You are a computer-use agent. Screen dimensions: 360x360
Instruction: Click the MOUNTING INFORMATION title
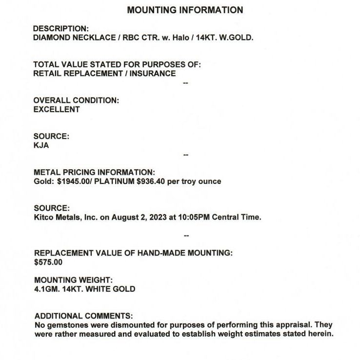click(185, 10)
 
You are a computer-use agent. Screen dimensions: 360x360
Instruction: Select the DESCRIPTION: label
click(61, 29)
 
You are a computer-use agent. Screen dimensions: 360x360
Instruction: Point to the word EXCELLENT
click(57, 109)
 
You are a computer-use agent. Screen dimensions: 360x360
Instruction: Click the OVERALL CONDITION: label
click(76, 100)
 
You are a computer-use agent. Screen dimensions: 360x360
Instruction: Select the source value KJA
click(41, 145)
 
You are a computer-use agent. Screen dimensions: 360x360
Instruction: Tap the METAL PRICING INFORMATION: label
click(94, 172)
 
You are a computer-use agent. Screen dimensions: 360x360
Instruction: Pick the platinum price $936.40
click(153, 181)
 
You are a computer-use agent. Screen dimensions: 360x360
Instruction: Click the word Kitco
click(43, 218)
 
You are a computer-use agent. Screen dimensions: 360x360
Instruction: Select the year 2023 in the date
click(158, 218)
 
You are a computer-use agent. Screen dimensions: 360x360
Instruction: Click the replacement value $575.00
click(48, 262)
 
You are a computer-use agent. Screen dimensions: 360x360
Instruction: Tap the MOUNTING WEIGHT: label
click(74, 280)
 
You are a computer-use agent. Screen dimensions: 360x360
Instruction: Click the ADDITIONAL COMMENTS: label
click(83, 316)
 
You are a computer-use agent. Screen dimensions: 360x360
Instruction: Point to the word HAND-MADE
click(145, 253)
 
